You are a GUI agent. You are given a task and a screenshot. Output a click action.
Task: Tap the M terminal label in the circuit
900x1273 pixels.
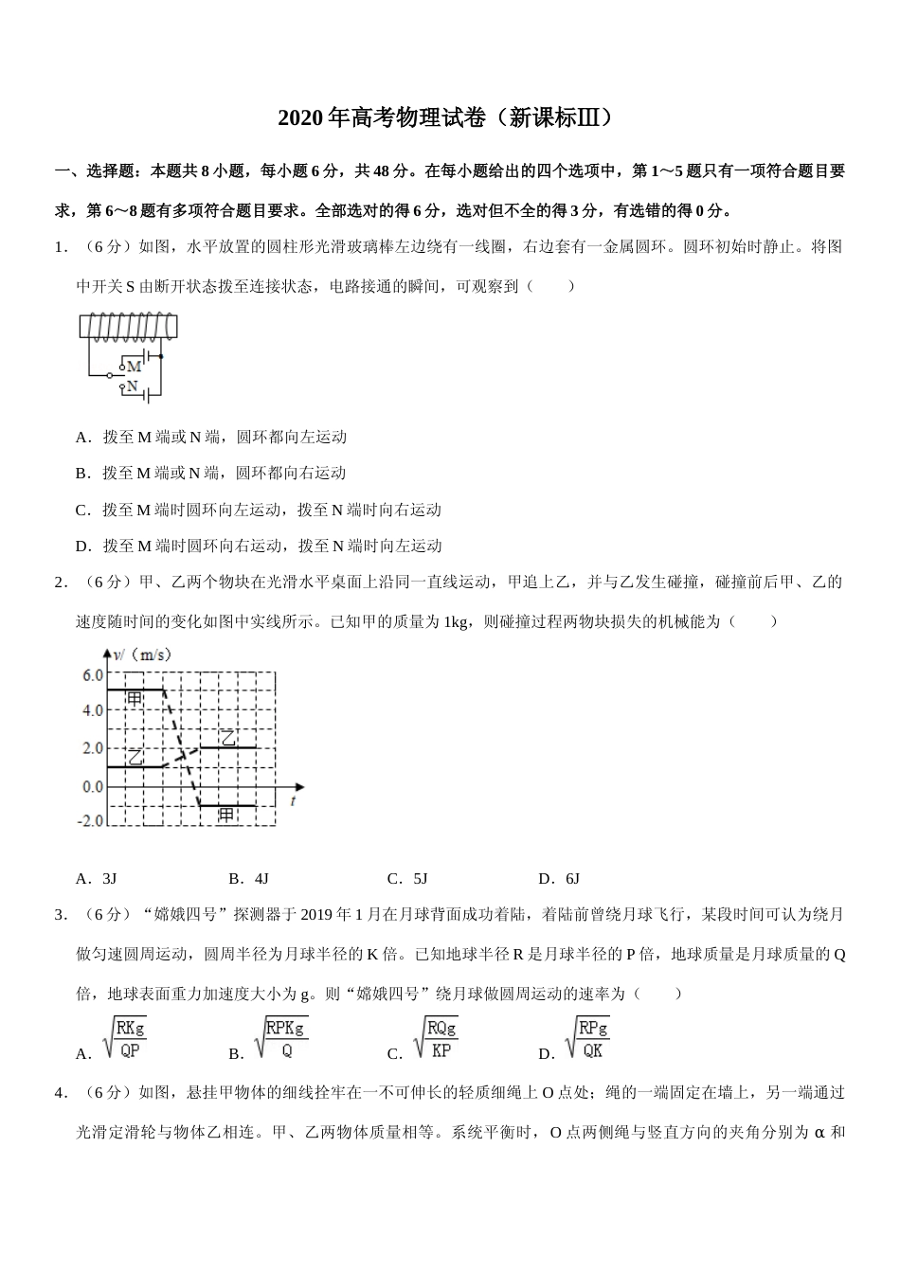[134, 366]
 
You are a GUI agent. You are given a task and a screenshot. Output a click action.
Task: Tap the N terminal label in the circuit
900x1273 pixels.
[133, 386]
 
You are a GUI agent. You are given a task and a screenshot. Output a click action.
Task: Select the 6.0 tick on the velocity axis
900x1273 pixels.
[92, 675]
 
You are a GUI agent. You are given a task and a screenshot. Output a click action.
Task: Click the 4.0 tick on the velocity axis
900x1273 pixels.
[92, 710]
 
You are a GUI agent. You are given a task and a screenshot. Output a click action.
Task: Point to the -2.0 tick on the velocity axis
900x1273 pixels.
[90, 820]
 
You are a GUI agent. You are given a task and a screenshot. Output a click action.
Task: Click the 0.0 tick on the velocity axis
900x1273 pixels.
[92, 786]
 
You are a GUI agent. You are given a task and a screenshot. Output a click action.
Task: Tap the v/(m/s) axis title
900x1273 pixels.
[142, 654]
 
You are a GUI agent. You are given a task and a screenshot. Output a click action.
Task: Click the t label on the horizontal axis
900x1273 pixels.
[294, 801]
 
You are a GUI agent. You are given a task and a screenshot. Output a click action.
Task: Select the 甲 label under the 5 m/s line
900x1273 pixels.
[135, 699]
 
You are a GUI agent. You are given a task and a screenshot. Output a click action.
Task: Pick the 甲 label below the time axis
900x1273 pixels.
[226, 814]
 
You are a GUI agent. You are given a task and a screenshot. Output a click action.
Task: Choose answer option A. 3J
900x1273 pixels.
[96, 878]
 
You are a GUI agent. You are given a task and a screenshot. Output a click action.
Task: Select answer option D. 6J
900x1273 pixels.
[558, 878]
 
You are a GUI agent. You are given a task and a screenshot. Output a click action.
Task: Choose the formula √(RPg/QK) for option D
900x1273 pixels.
[587, 1038]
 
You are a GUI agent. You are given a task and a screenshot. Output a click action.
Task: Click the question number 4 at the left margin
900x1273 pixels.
[60, 1093]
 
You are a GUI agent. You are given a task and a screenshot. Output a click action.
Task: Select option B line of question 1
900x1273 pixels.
[210, 473]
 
